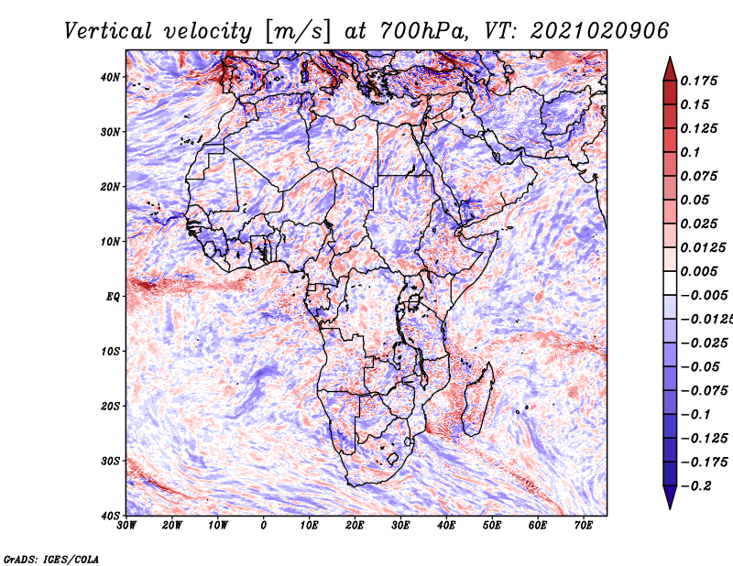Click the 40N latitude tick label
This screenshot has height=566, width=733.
tap(110, 77)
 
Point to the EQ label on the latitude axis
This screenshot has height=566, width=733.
tap(113, 297)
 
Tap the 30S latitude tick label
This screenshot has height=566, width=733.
tap(110, 461)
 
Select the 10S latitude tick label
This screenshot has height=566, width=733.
tap(110, 352)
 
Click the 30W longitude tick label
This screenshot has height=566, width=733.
tap(126, 526)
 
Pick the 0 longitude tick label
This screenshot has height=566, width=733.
tap(263, 526)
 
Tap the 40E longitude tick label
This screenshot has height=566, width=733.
tap(446, 526)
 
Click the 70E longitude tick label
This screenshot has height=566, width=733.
tap(584, 526)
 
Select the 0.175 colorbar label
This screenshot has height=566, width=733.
tap(699, 81)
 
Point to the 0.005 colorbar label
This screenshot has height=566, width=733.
tap(699, 271)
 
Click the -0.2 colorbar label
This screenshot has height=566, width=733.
tap(696, 486)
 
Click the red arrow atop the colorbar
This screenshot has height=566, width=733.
tap(670, 70)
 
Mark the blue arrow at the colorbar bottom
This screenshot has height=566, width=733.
tap(670, 497)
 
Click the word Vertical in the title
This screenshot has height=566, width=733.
tap(108, 31)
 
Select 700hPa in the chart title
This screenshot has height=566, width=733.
tap(423, 31)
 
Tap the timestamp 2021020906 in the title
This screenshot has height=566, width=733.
tap(600, 31)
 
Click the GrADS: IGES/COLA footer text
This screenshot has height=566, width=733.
tap(51, 559)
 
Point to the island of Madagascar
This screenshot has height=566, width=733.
tap(478, 399)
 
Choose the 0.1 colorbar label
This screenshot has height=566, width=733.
tap(691, 152)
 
